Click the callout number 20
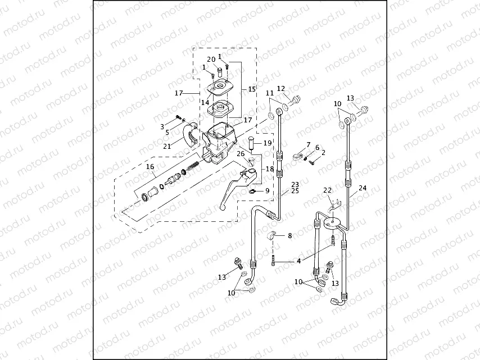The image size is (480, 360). click(x=211, y=59)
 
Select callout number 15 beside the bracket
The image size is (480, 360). click(x=251, y=89)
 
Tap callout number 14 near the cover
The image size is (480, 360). click(x=205, y=103)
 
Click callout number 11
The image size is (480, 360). click(x=270, y=93)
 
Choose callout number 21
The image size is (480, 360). click(x=167, y=147)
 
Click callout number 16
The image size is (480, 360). click(x=150, y=167)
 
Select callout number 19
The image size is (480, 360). click(x=268, y=143)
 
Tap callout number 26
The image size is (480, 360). click(x=240, y=153)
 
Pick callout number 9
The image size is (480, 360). click(x=267, y=191)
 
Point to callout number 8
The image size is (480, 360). click(x=290, y=236)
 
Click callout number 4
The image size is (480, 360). click(x=298, y=261)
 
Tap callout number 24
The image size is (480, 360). click(x=362, y=189)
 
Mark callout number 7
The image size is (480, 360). click(x=308, y=145)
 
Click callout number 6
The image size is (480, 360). click(x=317, y=148)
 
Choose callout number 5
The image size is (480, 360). click(x=167, y=133)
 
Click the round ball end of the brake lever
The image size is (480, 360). click(x=222, y=208)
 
